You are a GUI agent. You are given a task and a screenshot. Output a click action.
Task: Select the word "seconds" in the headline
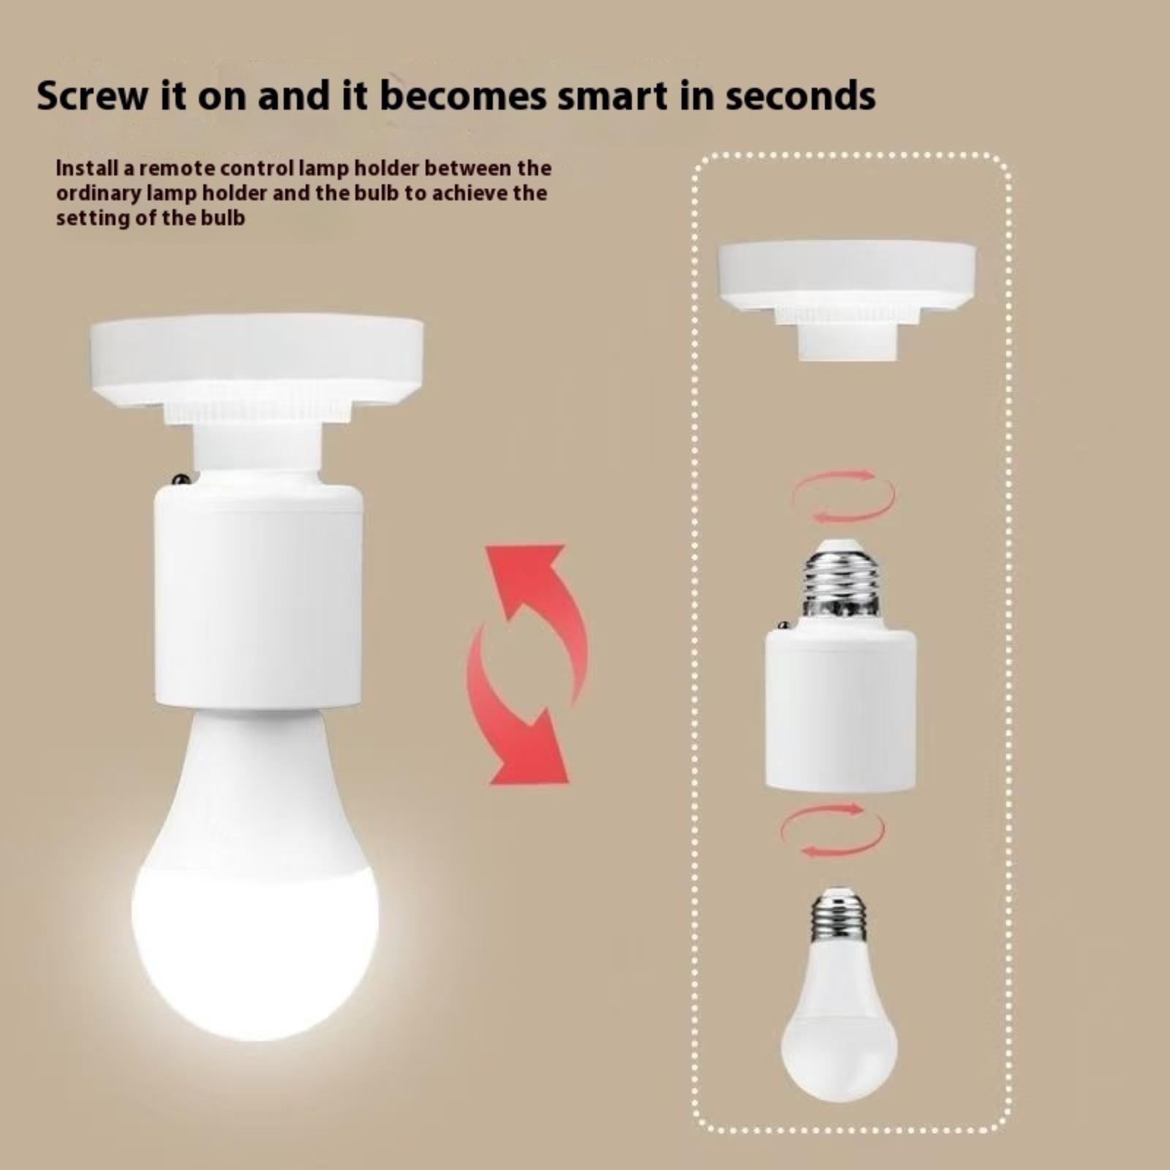click(801, 96)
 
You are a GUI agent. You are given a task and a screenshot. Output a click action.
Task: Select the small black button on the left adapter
click(181, 479)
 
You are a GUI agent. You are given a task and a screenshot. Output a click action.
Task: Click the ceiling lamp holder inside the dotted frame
click(848, 299)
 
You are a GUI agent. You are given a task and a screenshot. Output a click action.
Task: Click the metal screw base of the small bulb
click(839, 914)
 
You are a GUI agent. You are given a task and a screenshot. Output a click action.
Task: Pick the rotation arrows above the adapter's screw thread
click(843, 497)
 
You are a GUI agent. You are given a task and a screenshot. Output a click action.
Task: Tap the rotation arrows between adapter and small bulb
click(833, 829)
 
